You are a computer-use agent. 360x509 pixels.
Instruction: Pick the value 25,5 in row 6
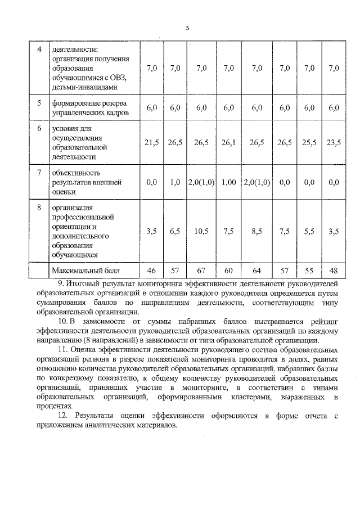(x=309, y=143)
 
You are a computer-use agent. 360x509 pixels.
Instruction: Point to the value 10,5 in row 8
(x=201, y=231)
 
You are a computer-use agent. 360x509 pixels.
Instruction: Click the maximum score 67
(x=201, y=271)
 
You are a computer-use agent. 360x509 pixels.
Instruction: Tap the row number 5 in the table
(x=39, y=103)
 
